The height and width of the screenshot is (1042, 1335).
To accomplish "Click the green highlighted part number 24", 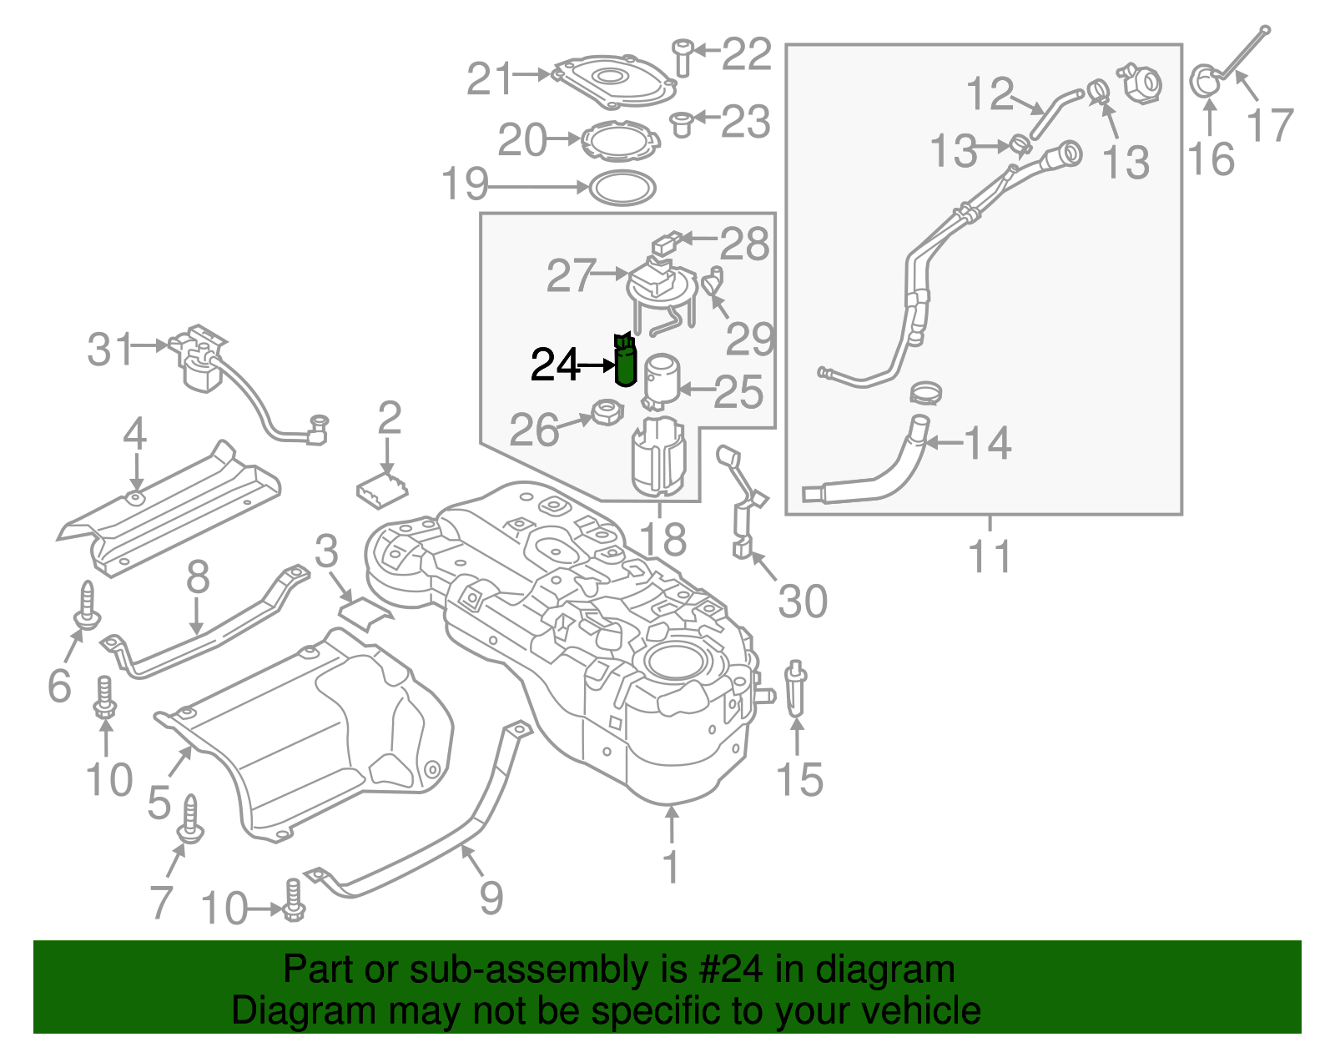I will point(625,364).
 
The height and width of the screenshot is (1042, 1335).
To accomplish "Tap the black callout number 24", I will point(555,365).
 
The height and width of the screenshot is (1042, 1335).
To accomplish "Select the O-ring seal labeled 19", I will point(622,188).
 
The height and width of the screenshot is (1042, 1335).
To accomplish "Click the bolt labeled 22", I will point(683,57).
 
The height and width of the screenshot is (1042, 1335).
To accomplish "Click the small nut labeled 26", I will point(607,412).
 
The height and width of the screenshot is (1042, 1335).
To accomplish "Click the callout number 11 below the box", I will point(990,556).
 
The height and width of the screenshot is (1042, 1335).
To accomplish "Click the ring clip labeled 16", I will point(1205,82).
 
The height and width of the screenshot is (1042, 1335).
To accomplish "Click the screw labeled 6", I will point(88,607).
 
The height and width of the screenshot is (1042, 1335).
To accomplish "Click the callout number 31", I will point(110,349).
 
